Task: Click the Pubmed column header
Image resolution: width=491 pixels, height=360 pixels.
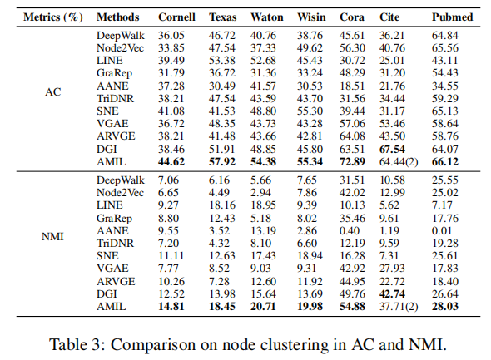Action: pyautogui.click(x=452, y=17)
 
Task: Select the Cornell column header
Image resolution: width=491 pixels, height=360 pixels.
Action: pyautogui.click(x=176, y=17)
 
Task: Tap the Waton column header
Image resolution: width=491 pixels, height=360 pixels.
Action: pyautogui.click(x=267, y=17)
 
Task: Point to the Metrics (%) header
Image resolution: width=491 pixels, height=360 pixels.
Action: pyautogui.click(x=53, y=17)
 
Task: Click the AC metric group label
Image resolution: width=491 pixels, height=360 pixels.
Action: pyautogui.click(x=53, y=92)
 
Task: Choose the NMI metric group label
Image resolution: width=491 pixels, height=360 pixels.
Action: pyautogui.click(x=52, y=236)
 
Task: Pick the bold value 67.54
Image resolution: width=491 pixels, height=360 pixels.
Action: pyautogui.click(x=392, y=149)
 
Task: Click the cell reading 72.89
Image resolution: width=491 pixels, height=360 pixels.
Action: pyautogui.click(x=352, y=161)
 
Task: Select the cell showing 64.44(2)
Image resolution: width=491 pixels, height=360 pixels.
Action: pyautogui.click(x=399, y=162)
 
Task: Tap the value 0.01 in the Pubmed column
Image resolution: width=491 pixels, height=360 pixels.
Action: pyautogui.click(x=442, y=230)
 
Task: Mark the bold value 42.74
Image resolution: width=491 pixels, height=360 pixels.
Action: pyautogui.click(x=392, y=293)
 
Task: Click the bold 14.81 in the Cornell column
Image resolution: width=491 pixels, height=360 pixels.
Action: pyautogui.click(x=171, y=306)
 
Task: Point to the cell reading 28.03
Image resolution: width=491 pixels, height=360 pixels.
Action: pyautogui.click(x=445, y=306)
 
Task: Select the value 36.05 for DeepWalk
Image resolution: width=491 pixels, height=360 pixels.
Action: pyautogui.click(x=171, y=36)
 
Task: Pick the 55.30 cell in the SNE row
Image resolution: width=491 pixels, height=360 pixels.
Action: pyautogui.click(x=310, y=111)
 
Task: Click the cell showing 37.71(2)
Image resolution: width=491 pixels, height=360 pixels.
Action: pyautogui.click(x=399, y=307)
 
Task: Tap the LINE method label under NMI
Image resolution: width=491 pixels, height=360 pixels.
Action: pyautogui.click(x=110, y=205)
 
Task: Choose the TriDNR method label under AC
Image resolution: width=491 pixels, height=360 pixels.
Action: pyautogui.click(x=115, y=99)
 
